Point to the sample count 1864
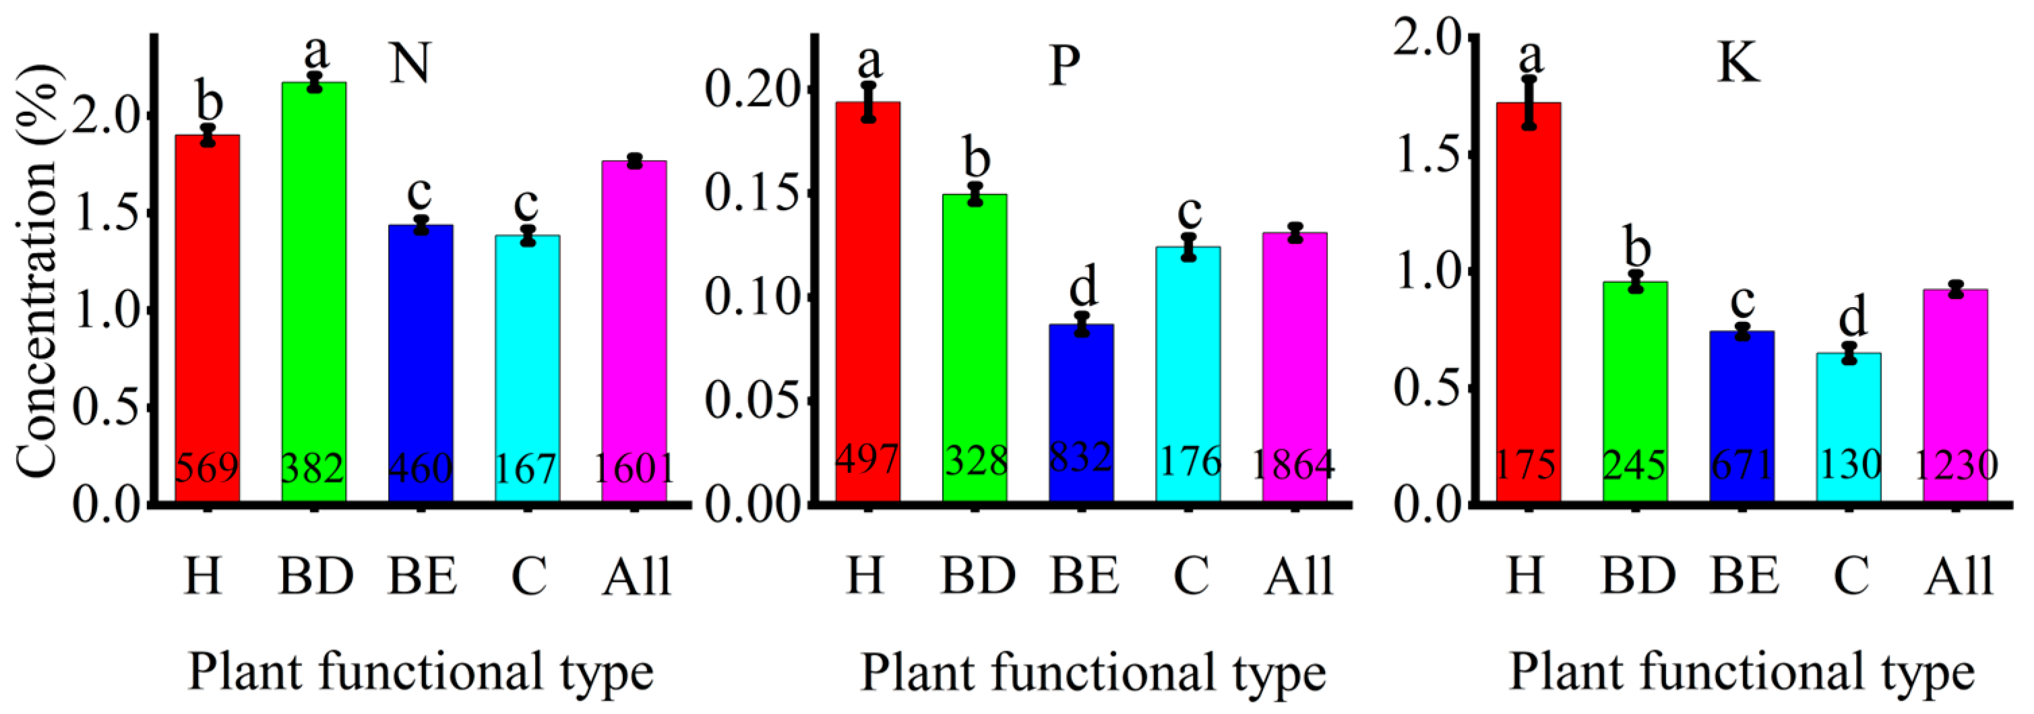click(x=1293, y=465)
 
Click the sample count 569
click(x=207, y=468)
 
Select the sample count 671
click(x=1742, y=465)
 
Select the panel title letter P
click(x=1064, y=65)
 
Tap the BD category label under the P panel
click(x=977, y=576)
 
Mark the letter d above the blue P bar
click(x=1083, y=286)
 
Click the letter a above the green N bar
click(x=316, y=52)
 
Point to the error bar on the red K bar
click(x=1529, y=102)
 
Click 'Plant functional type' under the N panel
click(x=421, y=672)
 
